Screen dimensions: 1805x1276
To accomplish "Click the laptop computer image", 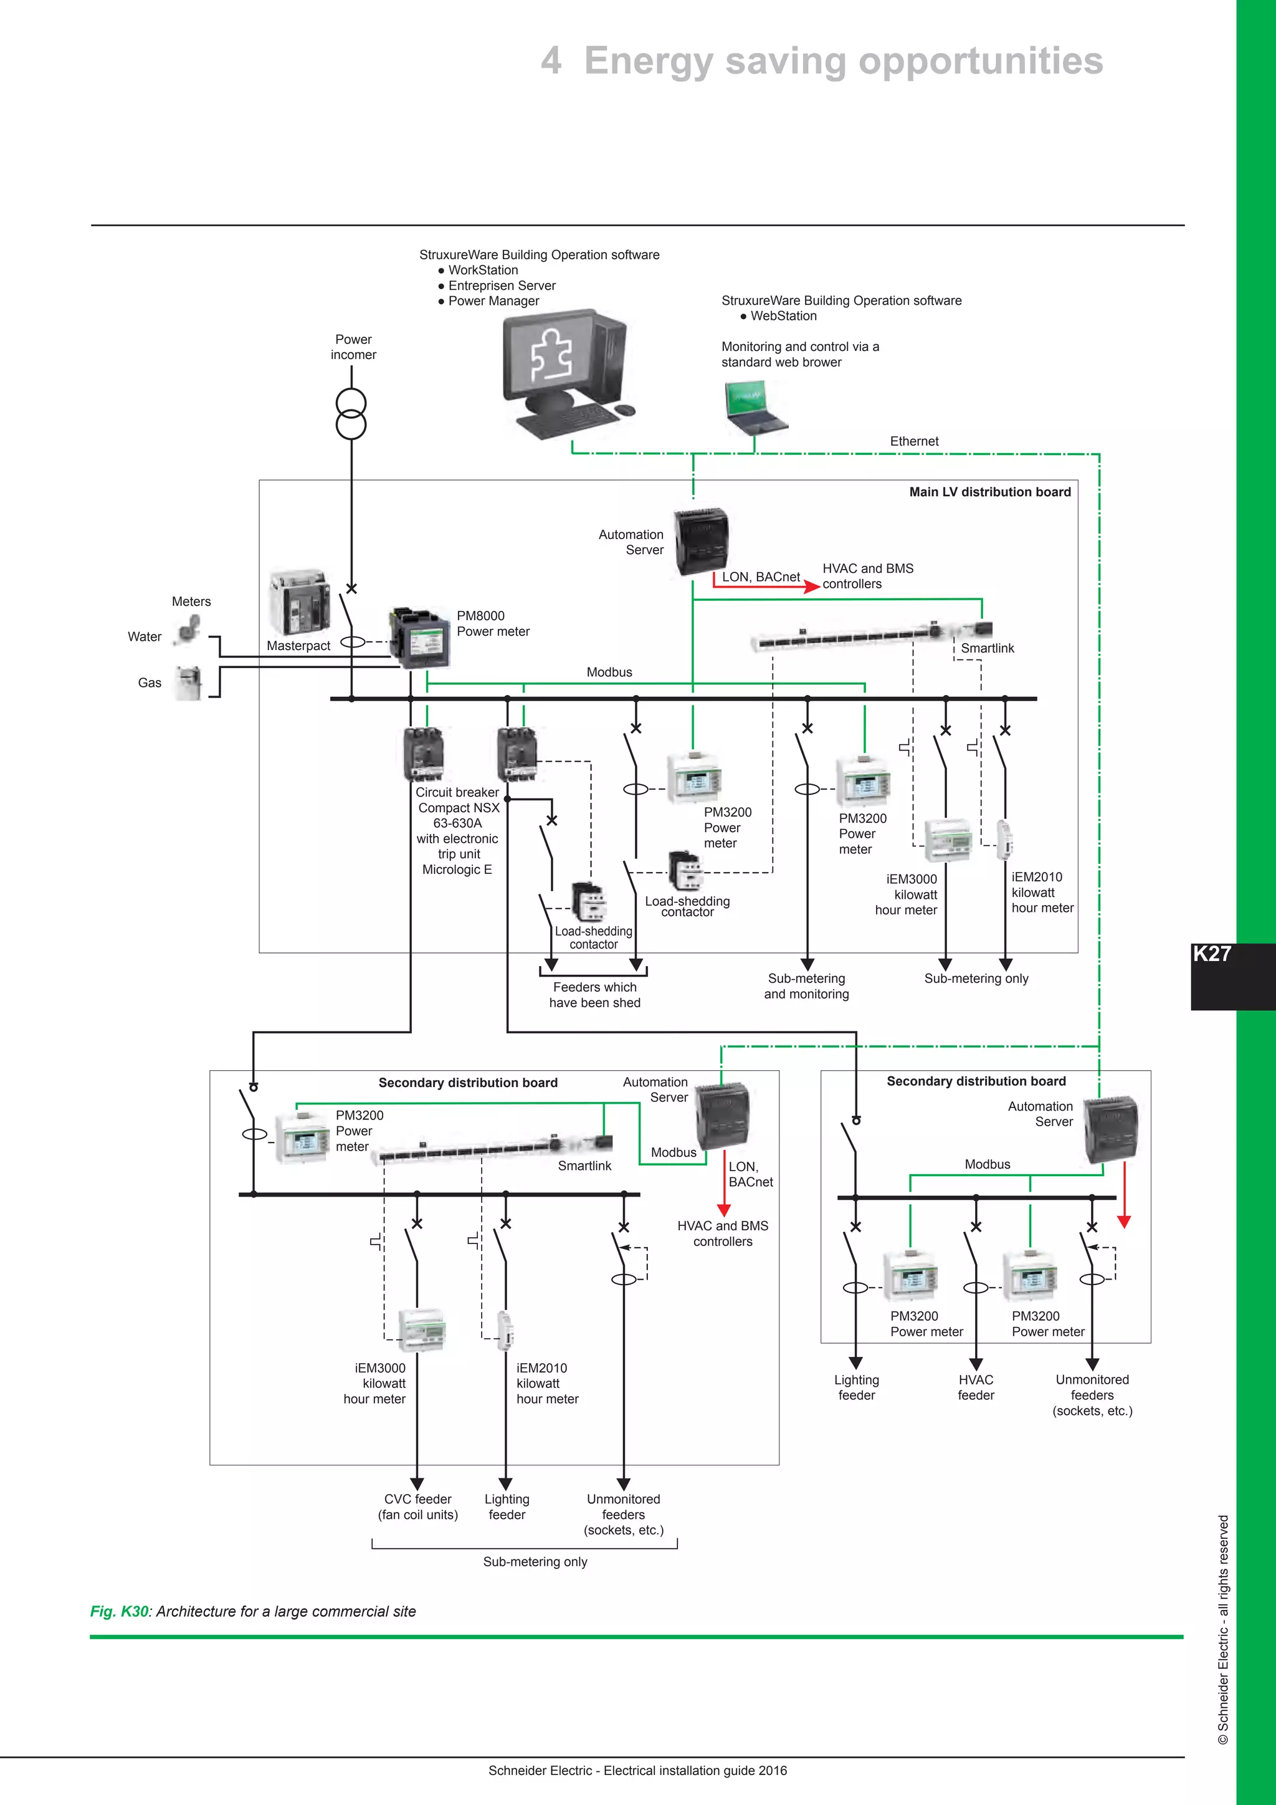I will [755, 406].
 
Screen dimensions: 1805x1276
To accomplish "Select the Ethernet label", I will [914, 441].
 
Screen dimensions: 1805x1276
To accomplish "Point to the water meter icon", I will [189, 630].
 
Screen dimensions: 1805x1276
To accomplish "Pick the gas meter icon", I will [188, 682].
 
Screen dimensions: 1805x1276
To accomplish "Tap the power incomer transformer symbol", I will [351, 413].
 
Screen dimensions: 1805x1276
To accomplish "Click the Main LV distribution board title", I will [989, 492].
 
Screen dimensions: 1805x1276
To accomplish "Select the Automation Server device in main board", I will [701, 541].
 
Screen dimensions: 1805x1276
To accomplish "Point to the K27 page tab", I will [1212, 954].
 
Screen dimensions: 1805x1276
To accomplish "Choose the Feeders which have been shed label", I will [595, 995].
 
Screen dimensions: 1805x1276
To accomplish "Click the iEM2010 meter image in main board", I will [1004, 840].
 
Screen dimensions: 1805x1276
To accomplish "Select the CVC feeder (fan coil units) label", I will [417, 1507].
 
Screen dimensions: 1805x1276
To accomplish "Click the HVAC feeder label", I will [976, 1387].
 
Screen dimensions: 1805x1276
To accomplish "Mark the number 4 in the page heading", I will [551, 61].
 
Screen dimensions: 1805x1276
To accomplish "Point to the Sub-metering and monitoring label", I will [806, 986].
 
